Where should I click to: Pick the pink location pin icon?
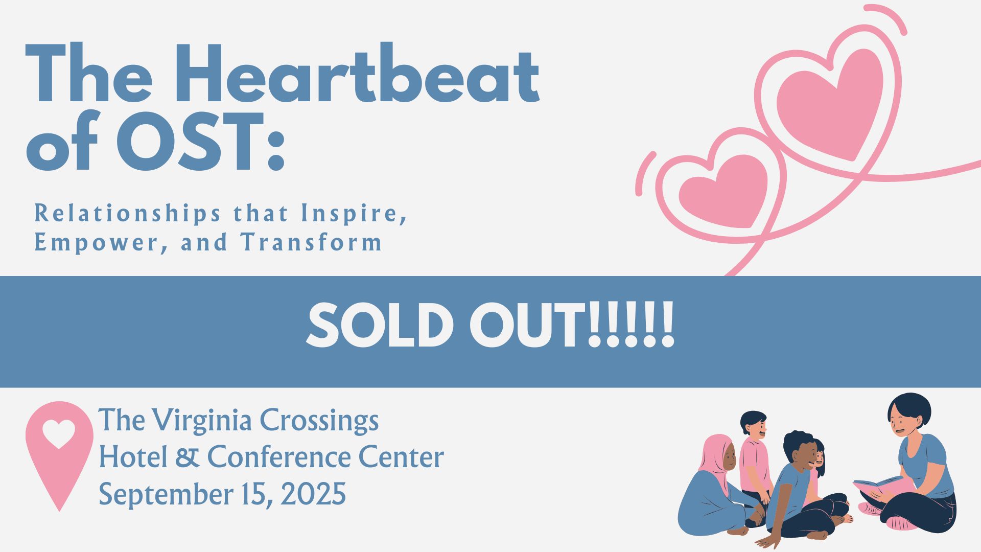click(59, 455)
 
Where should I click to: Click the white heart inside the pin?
click(59, 434)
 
